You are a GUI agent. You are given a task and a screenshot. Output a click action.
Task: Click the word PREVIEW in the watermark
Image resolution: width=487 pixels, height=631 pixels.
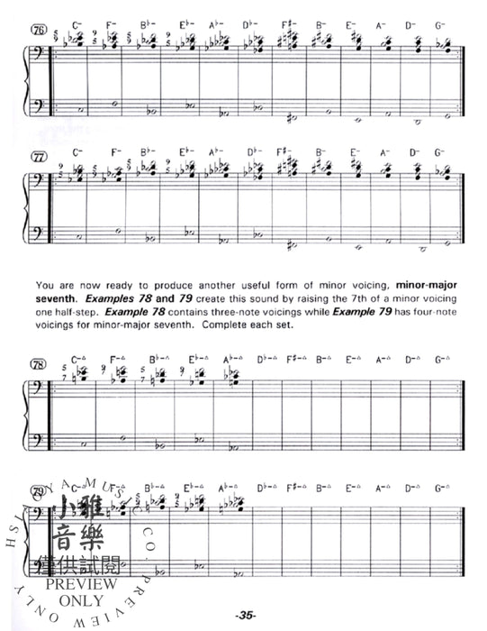click(83, 583)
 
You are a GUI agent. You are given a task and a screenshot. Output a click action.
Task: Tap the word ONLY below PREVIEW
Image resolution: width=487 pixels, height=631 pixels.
click(83, 598)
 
